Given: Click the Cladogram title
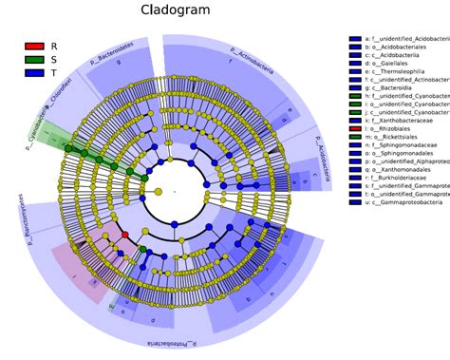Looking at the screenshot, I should pyautogui.click(x=176, y=11).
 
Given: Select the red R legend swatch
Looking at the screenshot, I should pyautogui.click(x=34, y=46).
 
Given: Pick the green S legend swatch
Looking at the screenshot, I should pyautogui.click(x=34, y=59).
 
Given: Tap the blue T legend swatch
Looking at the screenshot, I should pyautogui.click(x=34, y=72).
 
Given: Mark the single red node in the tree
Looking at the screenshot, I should pyautogui.click(x=124, y=234).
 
